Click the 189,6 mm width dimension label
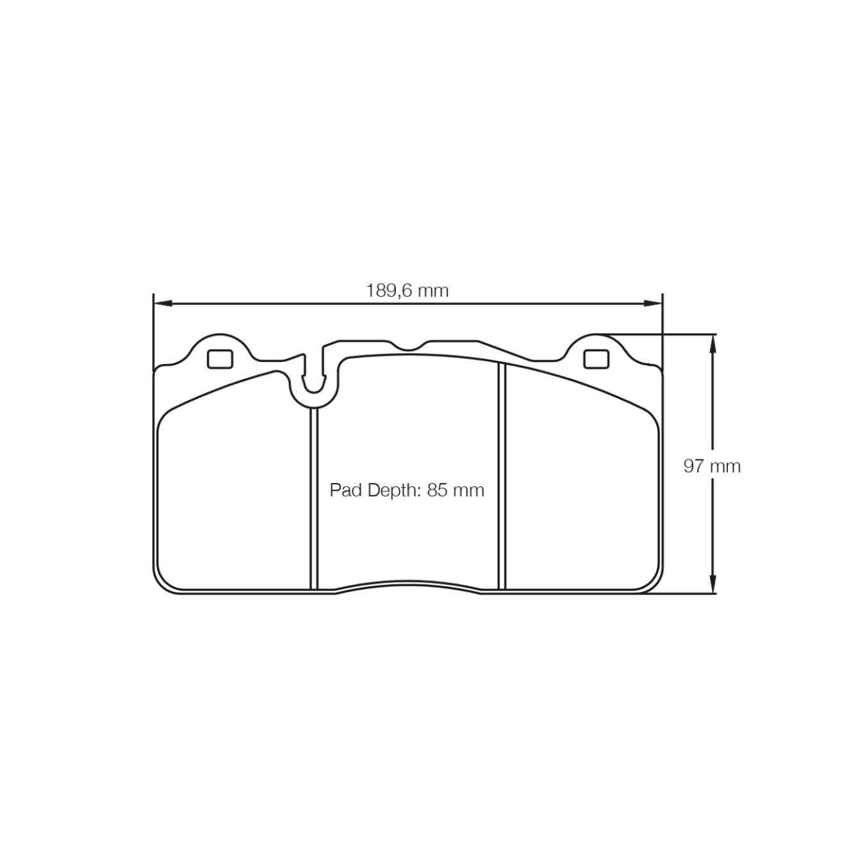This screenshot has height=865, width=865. pos(408,291)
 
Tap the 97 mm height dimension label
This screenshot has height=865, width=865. pos(711,466)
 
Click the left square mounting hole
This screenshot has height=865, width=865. pos(220,359)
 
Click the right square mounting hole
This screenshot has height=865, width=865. pos(596,359)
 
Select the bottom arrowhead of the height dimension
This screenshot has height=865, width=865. pos(712,586)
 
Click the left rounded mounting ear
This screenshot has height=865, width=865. pos(220,346)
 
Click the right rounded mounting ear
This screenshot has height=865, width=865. pos(596,346)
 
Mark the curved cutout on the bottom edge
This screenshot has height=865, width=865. pos(408,586)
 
